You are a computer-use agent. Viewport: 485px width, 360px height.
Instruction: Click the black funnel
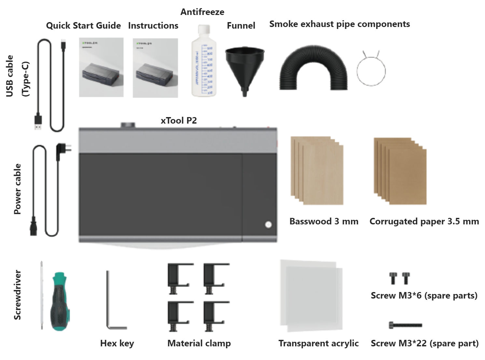[x=244, y=65]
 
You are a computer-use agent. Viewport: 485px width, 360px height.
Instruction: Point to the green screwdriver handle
[x=61, y=301]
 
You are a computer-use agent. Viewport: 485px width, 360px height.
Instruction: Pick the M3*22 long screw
[x=406, y=325]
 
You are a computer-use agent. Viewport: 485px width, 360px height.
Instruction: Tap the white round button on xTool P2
[x=268, y=224]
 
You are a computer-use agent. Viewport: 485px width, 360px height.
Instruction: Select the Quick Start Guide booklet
[x=101, y=67]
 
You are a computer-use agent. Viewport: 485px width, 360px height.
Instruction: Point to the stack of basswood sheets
[x=317, y=171]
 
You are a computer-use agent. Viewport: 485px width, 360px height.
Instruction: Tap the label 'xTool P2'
[x=179, y=121]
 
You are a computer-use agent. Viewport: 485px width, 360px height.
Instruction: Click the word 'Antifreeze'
[x=202, y=12]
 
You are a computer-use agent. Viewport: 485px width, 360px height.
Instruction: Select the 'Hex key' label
[x=117, y=343]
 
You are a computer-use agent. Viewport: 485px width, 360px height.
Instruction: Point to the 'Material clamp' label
[x=199, y=343]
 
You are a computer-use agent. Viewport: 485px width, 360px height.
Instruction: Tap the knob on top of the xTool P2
[x=128, y=125]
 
